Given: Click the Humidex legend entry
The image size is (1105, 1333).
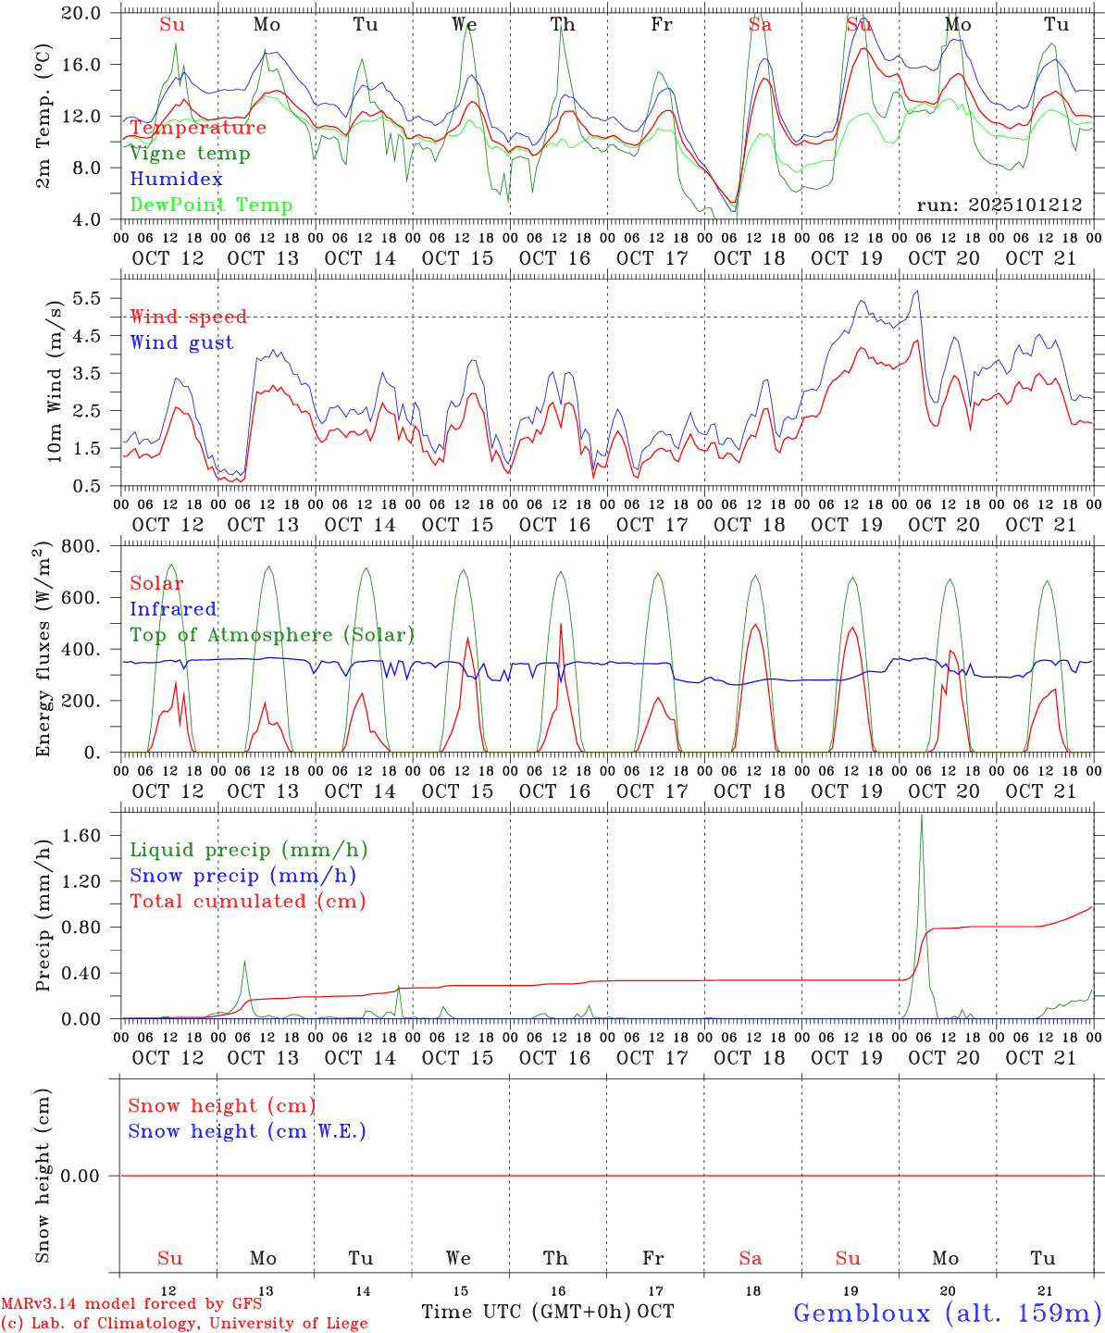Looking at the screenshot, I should (176, 180).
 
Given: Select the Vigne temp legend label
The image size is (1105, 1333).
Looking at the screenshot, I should (190, 154).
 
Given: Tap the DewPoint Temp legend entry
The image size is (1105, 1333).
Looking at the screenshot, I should (211, 206).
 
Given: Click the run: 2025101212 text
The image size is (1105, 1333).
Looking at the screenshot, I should (999, 206).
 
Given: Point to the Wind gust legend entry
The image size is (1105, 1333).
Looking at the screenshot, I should (181, 343).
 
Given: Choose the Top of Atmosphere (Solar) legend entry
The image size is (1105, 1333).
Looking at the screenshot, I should (272, 635).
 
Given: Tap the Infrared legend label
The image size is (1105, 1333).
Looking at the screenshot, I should (173, 609).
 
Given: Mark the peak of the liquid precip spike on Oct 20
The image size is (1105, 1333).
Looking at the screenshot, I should (921, 816).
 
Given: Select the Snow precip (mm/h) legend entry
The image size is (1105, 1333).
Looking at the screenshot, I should (242, 876).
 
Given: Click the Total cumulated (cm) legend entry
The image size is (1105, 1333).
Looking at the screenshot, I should (247, 902).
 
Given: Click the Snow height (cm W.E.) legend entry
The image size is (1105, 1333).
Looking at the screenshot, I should (247, 1131).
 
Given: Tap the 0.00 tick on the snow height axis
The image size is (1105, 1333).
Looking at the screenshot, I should (86, 1176).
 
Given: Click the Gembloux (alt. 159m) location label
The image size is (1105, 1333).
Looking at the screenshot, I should (947, 1313).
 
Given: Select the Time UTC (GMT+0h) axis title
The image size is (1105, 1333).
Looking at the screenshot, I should (527, 1312).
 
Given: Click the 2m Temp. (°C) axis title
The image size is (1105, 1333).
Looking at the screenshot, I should (43, 128).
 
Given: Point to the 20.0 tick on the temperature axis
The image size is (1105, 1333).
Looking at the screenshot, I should (87, 13).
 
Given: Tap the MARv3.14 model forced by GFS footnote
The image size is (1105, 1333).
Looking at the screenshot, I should (131, 1304).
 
